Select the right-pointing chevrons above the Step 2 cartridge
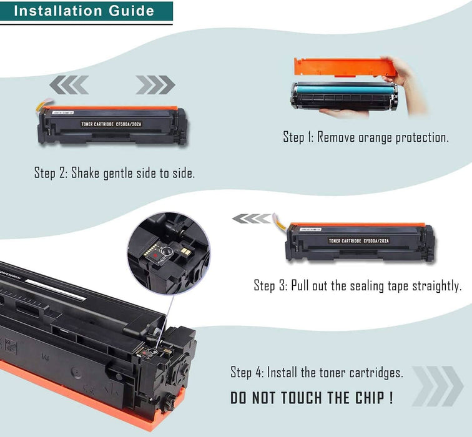click(x=155, y=84)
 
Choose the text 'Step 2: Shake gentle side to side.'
click(x=114, y=173)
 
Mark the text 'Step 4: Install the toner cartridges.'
click(x=317, y=373)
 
